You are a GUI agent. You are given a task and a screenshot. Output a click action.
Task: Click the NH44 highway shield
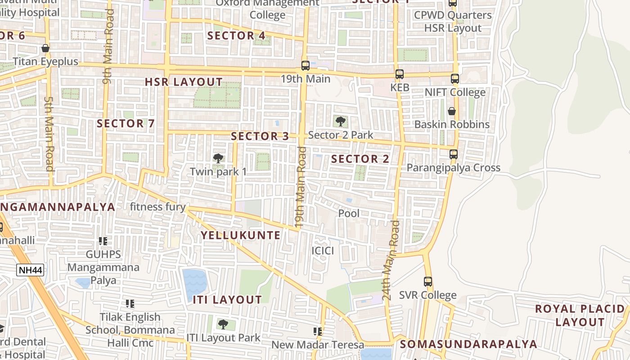pyautogui.click(x=31, y=270)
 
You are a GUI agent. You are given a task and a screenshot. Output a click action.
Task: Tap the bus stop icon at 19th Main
pyautogui.click(x=306, y=66)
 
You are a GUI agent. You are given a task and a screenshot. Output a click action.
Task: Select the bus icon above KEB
pyautogui.click(x=400, y=74)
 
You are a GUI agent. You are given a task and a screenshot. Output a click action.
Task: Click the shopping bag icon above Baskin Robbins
pyautogui.click(x=452, y=111)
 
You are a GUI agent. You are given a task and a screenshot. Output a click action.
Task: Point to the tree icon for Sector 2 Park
pyautogui.click(x=341, y=121)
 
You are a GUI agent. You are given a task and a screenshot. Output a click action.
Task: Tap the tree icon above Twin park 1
pyautogui.click(x=218, y=158)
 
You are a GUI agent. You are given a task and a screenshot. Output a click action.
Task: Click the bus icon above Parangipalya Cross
pyautogui.click(x=454, y=154)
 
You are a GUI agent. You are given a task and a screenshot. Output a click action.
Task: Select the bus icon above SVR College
pyautogui.click(x=428, y=282)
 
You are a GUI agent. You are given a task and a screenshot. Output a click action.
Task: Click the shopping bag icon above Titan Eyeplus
pyautogui.click(x=45, y=48)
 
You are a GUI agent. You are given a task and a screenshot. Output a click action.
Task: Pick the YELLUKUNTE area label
pyautogui.click(x=240, y=235)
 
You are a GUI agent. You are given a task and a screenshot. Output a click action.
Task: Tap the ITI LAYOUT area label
pyautogui.click(x=227, y=300)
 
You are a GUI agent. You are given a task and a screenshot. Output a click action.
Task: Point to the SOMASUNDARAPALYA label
pyautogui.click(x=468, y=344)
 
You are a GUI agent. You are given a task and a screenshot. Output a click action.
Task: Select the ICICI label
pyautogui.click(x=323, y=251)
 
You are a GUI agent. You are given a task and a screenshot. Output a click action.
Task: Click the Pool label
pyautogui.click(x=349, y=213)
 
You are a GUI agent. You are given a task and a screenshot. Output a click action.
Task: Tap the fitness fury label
pyautogui.click(x=157, y=207)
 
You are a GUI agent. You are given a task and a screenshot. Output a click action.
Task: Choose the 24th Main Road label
pyautogui.click(x=390, y=261)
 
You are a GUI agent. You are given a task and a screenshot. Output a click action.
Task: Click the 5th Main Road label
pyautogui.click(x=49, y=133)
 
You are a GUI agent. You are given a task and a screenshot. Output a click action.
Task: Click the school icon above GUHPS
pyautogui.click(x=103, y=241)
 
